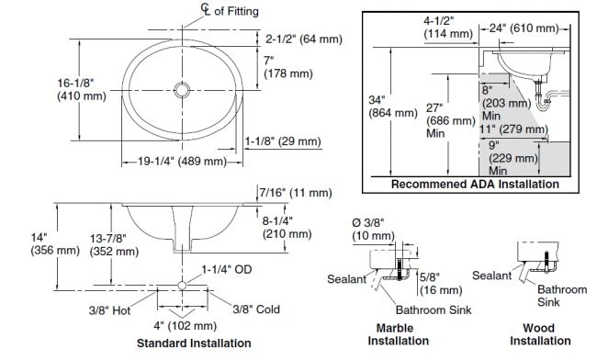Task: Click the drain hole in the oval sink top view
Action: pyautogui.click(x=182, y=90)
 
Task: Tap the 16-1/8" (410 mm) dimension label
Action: pyautogui.click(x=82, y=89)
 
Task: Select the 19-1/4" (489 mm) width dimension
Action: pyautogui.click(x=182, y=162)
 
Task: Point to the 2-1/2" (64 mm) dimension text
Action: pyautogui.click(x=304, y=39)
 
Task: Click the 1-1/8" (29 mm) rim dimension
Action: pyautogui.click(x=283, y=141)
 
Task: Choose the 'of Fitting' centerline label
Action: pyautogui.click(x=236, y=11)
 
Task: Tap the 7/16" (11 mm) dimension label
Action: pyautogui.click(x=296, y=193)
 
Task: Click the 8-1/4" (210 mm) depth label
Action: pyautogui.click(x=287, y=228)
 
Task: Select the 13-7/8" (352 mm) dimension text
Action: pyautogui.click(x=114, y=244)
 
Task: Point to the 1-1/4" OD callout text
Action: pyautogui.click(x=227, y=270)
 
